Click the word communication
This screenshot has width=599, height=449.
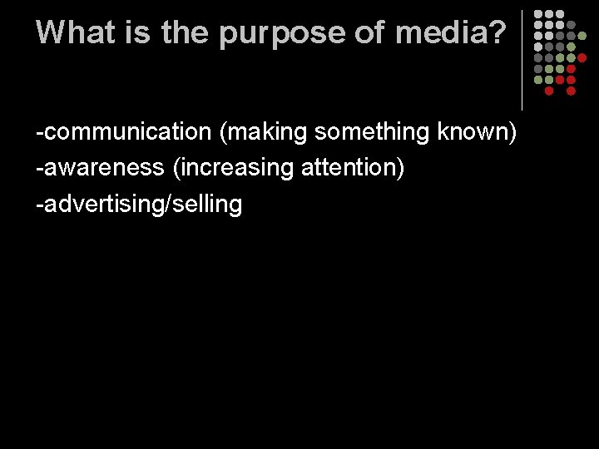(131, 131)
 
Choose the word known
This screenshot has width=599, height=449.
(473, 131)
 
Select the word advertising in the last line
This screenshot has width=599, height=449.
(101, 204)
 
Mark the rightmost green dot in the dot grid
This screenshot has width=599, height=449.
(582, 36)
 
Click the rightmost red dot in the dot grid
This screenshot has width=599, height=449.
(582, 58)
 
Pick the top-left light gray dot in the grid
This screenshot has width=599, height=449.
(538, 14)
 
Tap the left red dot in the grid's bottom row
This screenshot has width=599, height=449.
(549, 91)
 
